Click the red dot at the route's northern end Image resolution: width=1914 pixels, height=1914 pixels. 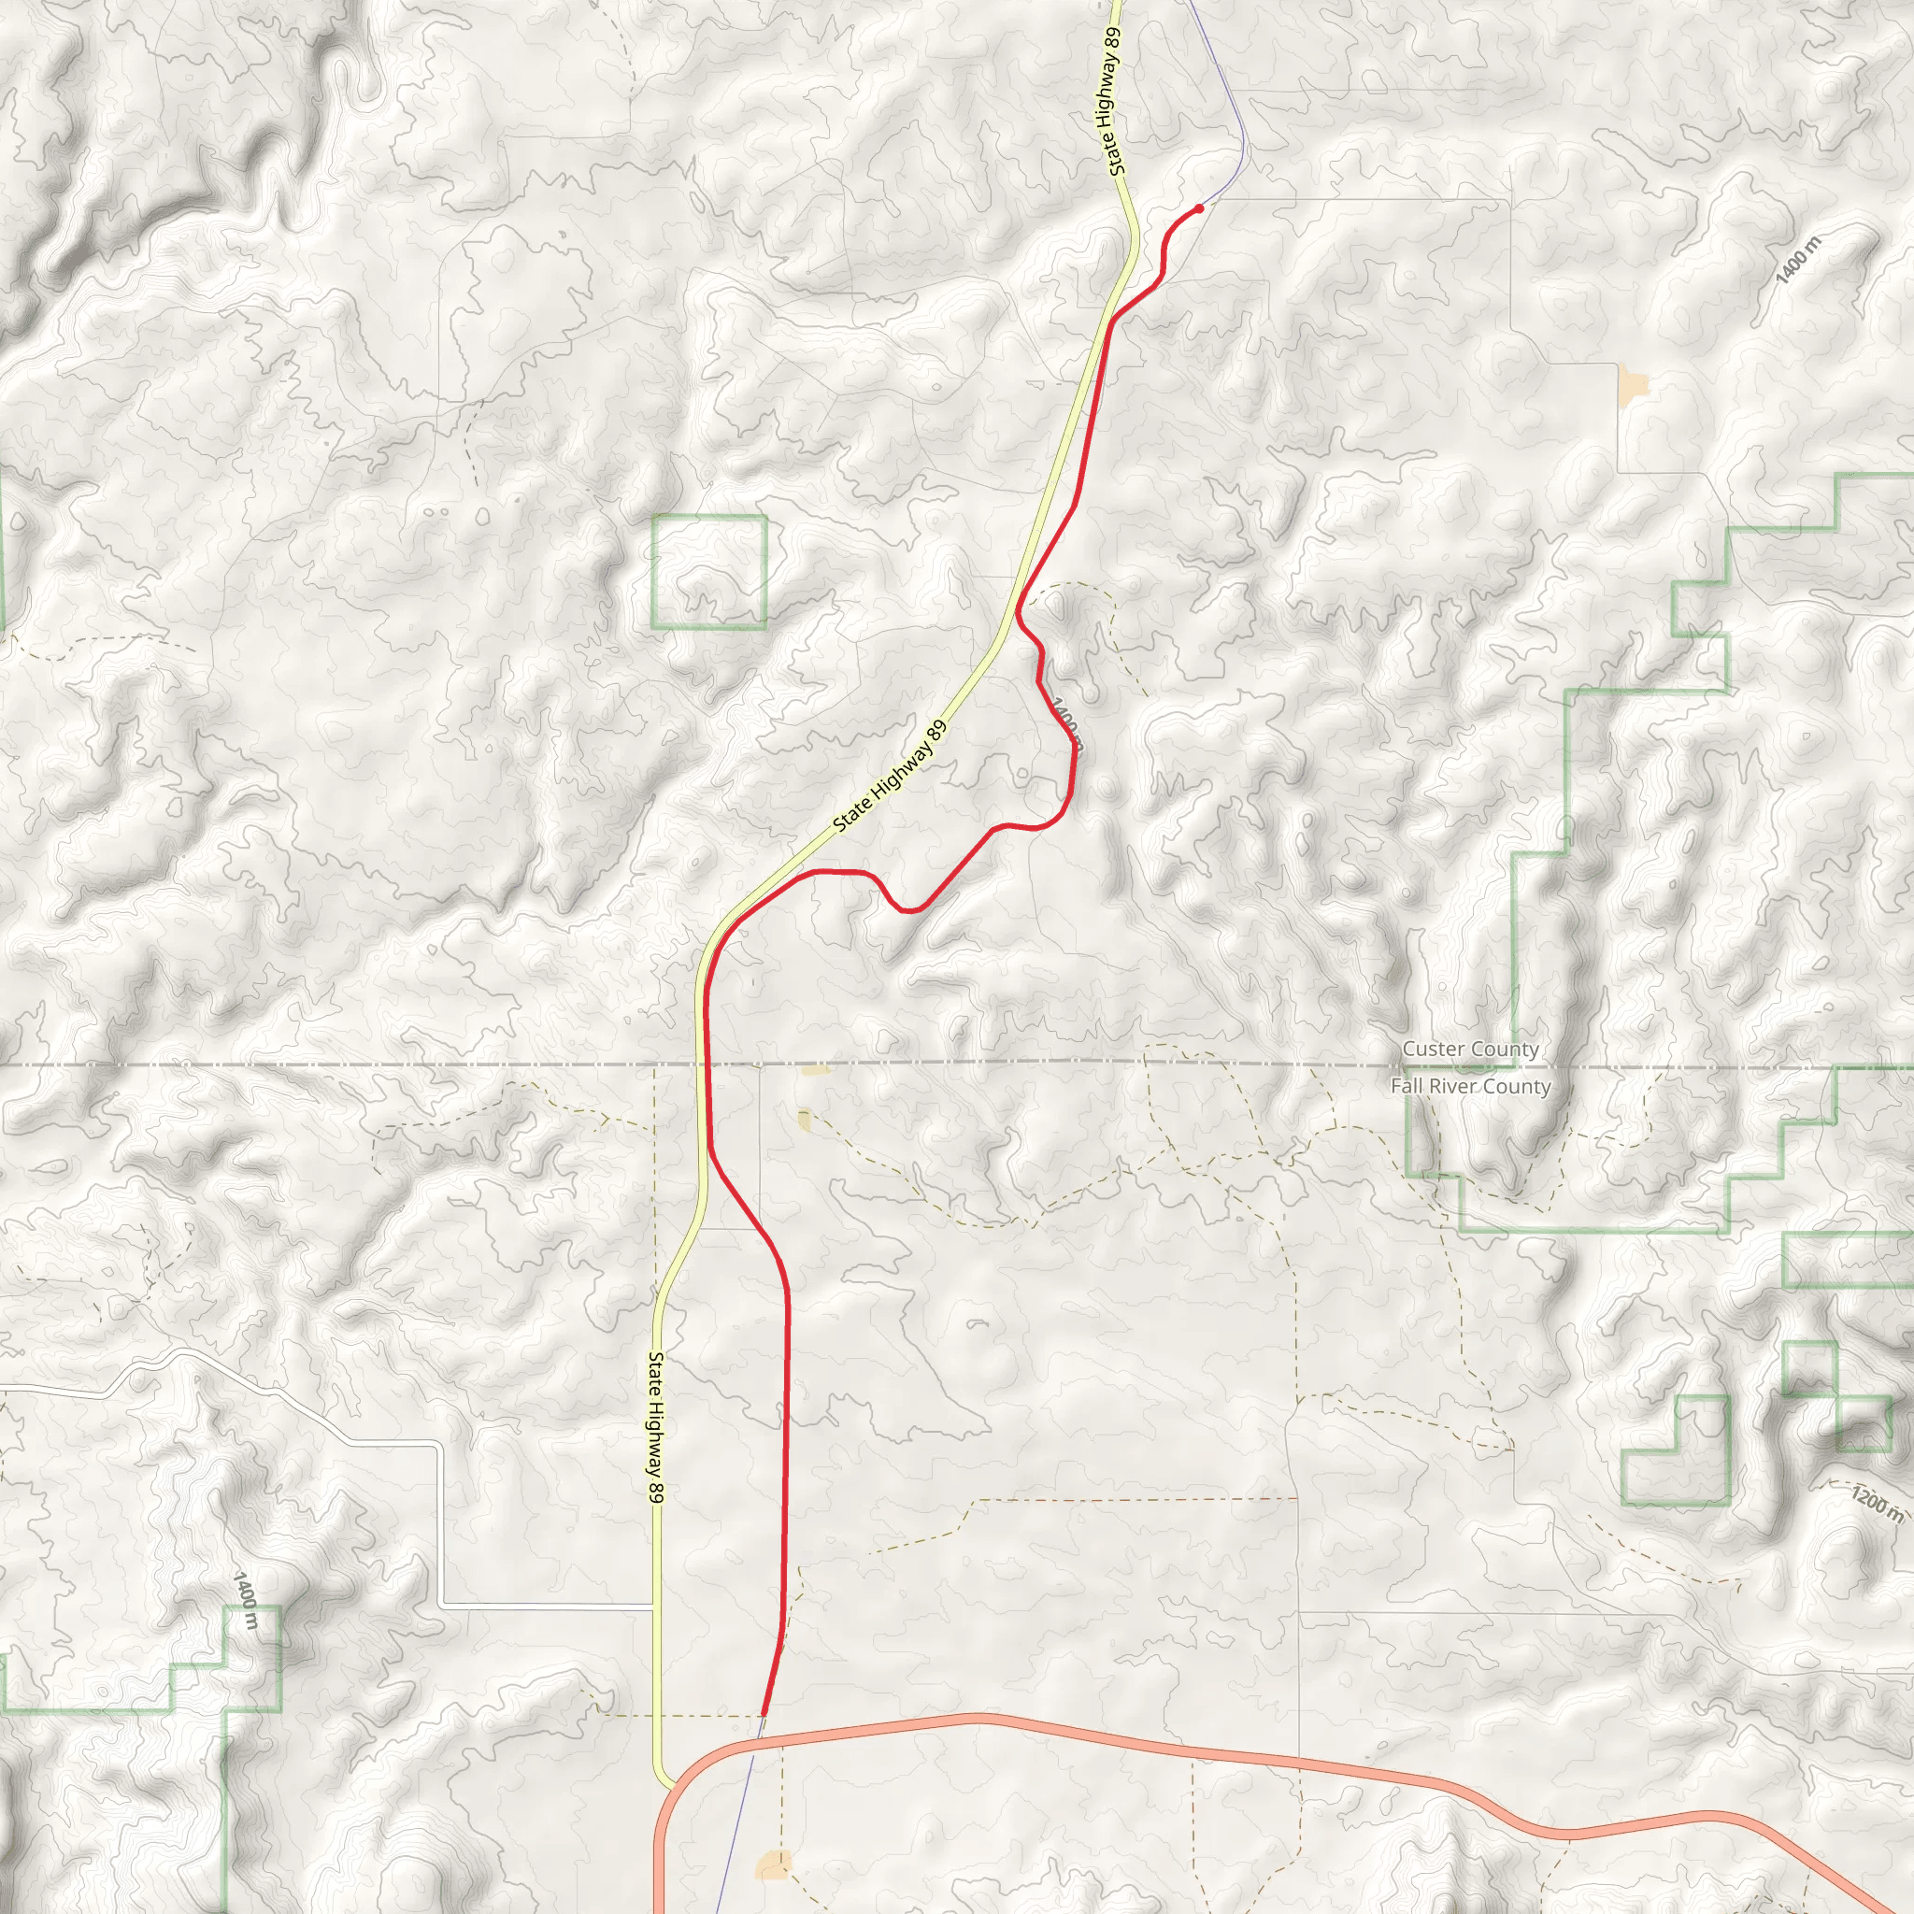click(1199, 208)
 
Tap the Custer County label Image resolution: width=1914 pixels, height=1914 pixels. click(1470, 1050)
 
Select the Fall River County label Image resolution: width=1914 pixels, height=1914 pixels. click(1470, 1087)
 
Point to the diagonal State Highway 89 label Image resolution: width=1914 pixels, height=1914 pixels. click(890, 777)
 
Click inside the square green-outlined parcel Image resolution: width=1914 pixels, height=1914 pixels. click(708, 572)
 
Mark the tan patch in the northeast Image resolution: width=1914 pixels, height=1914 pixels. click(1632, 382)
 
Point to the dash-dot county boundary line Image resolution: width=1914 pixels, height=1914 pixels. click(297, 1065)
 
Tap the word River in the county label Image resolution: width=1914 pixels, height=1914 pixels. click(1456, 1087)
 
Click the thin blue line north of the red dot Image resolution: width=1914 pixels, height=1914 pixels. click(1228, 99)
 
